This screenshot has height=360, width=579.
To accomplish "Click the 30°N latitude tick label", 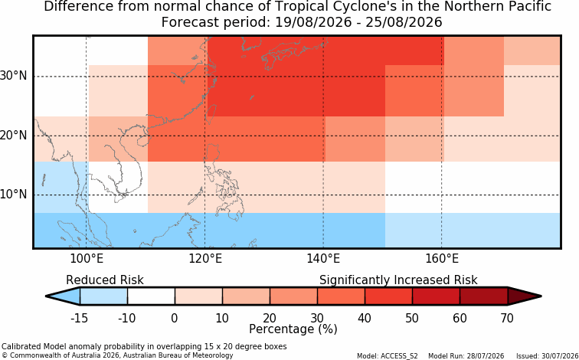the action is tap(13, 76).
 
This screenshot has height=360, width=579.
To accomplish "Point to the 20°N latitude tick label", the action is tap(13, 135).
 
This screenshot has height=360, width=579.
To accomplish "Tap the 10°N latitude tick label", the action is tap(13, 194).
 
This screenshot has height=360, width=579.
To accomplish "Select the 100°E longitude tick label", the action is tap(87, 259).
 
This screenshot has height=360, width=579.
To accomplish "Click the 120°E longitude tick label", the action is tap(205, 259).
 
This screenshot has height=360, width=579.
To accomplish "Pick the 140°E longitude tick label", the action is tap(323, 259).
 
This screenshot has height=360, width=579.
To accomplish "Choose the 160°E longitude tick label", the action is tap(442, 259).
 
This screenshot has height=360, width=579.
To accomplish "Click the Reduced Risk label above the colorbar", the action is tap(105, 280).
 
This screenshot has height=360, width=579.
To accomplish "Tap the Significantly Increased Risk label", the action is tap(398, 280).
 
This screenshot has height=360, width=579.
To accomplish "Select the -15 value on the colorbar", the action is tap(80, 318).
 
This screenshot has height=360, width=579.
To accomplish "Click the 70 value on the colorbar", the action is tap(507, 318).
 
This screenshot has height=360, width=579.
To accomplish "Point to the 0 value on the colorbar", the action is tap(175, 318).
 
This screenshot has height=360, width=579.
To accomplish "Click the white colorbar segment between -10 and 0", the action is tap(151, 296).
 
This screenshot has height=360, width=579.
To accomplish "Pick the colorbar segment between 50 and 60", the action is tap(436, 296).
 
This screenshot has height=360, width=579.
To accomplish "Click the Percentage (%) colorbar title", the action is tap(293, 329).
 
